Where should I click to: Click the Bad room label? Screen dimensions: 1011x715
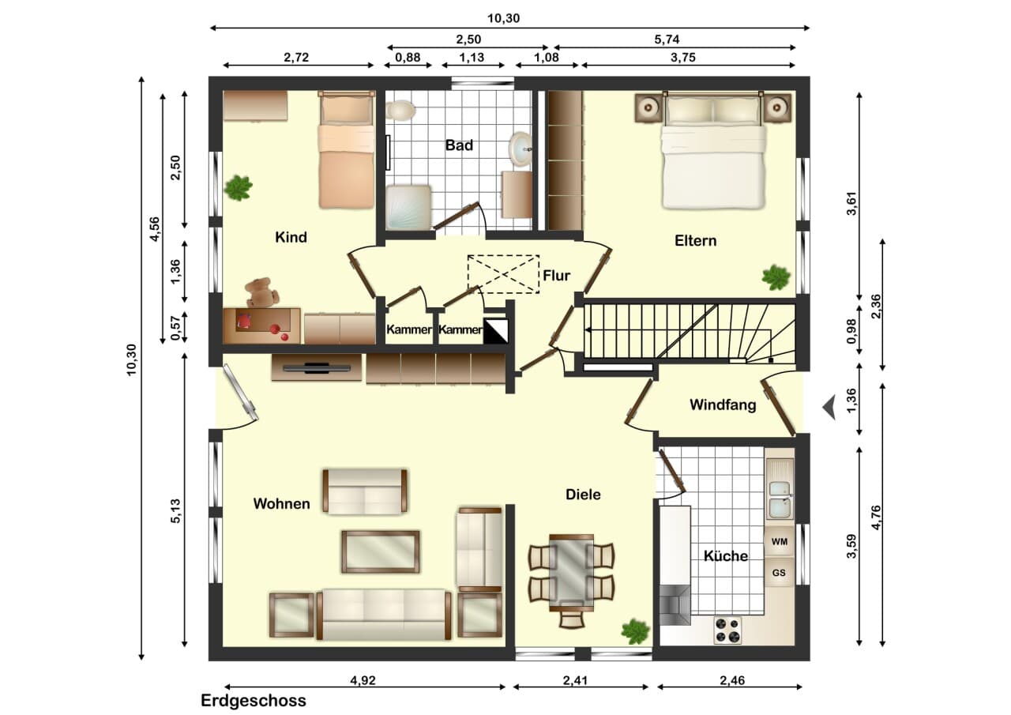459,145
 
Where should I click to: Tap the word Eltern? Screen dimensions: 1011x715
696,241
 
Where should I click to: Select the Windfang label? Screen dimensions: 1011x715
723,405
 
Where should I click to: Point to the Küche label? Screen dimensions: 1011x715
726,555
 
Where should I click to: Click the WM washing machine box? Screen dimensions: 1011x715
780,541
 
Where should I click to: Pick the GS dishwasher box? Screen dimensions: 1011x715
779,573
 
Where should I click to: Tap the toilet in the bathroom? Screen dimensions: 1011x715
400,110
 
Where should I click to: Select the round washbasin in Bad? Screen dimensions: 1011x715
521,147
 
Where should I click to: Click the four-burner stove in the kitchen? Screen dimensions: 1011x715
727,630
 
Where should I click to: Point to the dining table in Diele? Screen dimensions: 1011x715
571,573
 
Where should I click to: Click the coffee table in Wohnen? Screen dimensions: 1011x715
381,551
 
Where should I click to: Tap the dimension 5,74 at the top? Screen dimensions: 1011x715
667,40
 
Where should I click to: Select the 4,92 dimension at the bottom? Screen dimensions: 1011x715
363,680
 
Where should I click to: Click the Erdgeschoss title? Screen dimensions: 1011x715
254,701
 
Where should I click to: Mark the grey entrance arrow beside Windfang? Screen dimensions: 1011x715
829,407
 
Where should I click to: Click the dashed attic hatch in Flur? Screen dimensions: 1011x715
503,274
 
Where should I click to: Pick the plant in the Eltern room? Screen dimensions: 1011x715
776,277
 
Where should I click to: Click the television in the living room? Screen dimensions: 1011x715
317,368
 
